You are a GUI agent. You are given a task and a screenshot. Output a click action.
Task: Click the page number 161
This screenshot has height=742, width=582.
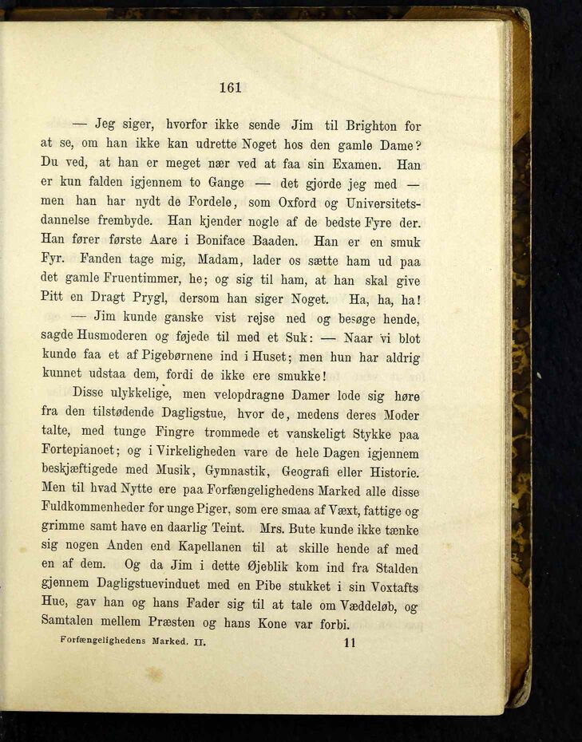click(230, 88)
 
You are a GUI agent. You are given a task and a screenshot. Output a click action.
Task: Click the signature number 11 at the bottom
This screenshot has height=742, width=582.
click(349, 643)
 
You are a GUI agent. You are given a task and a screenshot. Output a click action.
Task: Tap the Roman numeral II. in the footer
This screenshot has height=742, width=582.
click(199, 641)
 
